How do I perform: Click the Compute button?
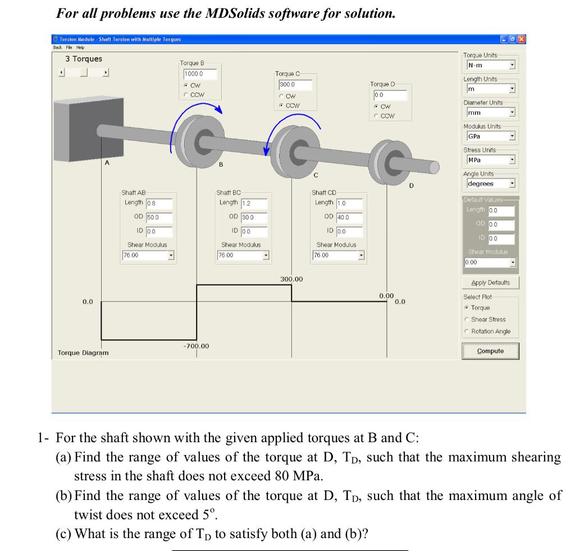pyautogui.click(x=490, y=351)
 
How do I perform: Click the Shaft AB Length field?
pyautogui.click(x=159, y=204)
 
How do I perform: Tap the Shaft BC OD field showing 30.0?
pyautogui.click(x=254, y=217)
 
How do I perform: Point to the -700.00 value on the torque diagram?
pyautogui.click(x=196, y=346)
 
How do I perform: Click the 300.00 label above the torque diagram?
pyautogui.click(x=291, y=279)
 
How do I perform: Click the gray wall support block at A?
pyautogui.click(x=76, y=126)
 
